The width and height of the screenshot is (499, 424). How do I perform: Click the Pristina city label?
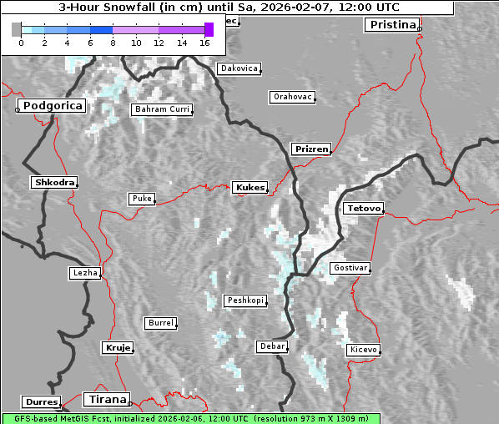tap(391, 24)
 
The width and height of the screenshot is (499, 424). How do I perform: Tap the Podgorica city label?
tap(52, 106)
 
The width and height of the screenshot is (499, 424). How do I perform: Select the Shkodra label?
tap(54, 182)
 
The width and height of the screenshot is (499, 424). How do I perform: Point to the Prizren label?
tap(311, 149)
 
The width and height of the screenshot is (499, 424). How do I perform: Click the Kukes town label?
tap(249, 188)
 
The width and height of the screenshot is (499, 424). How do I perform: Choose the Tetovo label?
tap(363, 208)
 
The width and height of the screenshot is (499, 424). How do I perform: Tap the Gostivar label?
tap(349, 268)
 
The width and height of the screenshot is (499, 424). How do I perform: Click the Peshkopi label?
tap(244, 300)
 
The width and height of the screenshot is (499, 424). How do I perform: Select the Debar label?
tap(273, 346)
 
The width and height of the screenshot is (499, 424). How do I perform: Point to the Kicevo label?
tap(363, 350)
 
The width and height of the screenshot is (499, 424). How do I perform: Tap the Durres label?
tap(42, 402)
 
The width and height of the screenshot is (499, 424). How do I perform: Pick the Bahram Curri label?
tap(162, 109)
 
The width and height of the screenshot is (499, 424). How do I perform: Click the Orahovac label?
tap(292, 97)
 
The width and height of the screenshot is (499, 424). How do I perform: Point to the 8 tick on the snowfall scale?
tap(113, 43)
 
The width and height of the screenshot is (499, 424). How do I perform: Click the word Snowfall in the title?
tap(130, 7)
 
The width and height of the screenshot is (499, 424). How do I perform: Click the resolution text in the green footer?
tap(315, 418)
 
